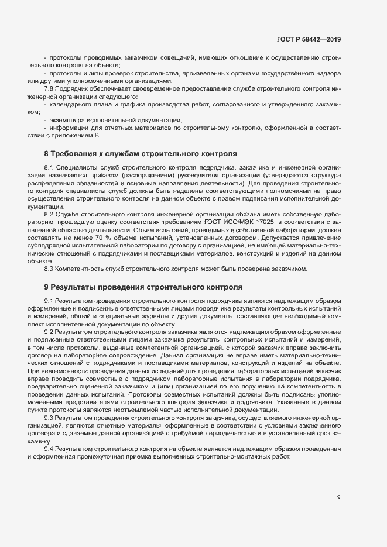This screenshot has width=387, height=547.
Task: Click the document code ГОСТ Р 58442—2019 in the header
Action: pos(309,40)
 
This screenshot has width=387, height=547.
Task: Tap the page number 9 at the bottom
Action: pos(338,497)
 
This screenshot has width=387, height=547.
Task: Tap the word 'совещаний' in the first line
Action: pos(171,58)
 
